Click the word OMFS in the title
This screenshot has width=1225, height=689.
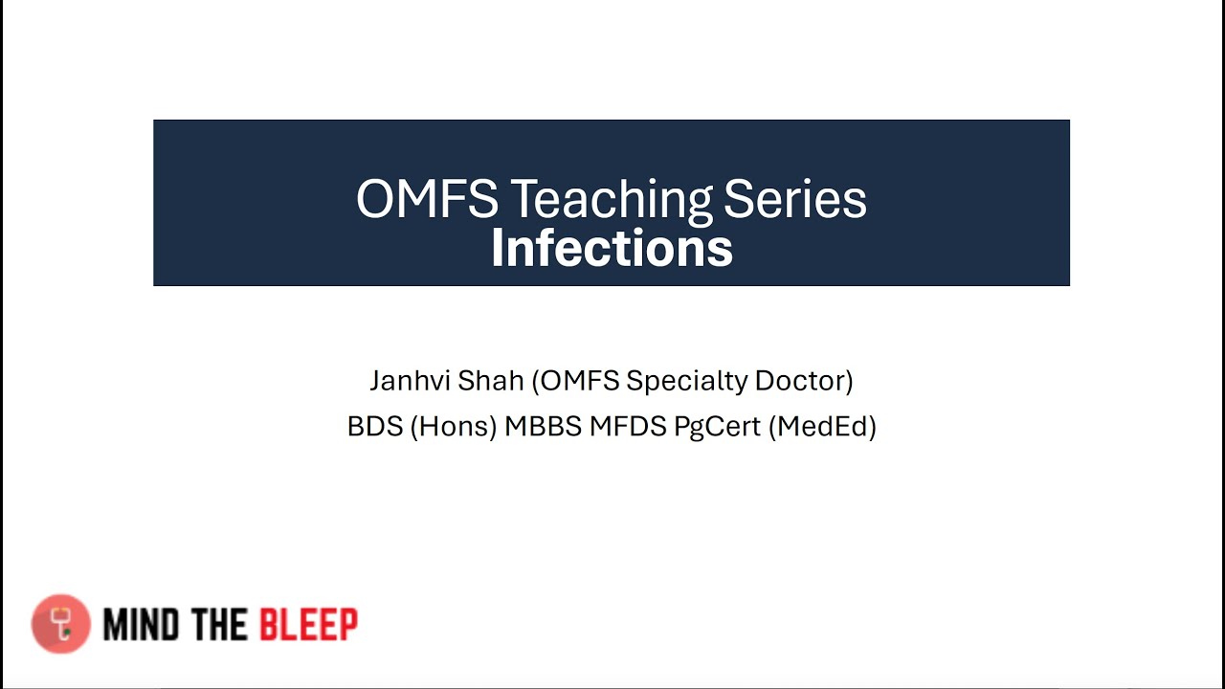427,200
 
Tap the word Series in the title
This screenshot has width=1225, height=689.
795,200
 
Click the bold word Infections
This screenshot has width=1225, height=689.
612,248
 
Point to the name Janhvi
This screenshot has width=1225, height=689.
410,381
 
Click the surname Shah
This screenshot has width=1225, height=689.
491,381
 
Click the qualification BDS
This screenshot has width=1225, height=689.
375,426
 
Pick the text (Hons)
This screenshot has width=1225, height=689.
454,426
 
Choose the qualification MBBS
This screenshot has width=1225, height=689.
543,426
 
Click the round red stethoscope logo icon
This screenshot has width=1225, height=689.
61,624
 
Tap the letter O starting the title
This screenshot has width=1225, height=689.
373,200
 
